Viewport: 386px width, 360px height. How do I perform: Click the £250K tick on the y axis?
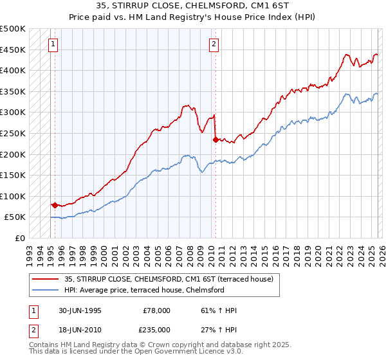13,133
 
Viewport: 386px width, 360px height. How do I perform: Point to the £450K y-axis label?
13,50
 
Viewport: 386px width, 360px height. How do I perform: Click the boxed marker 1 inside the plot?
52,44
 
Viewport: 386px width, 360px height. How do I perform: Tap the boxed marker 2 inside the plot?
214,44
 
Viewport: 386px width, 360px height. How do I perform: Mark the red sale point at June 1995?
55,206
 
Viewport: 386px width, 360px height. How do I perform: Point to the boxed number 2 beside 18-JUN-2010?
33,328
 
